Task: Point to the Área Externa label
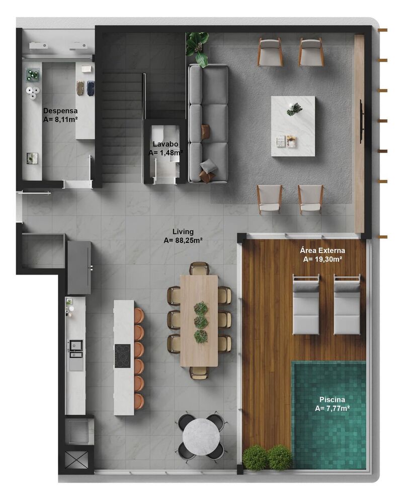[x=322, y=250]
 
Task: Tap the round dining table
[x=201, y=436]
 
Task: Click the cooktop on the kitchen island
[x=122, y=355]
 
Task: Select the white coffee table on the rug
[x=293, y=126]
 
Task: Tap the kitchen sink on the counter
[x=76, y=347]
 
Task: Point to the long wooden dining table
[x=199, y=320]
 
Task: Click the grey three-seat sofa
[x=208, y=123]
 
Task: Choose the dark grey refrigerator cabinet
[x=79, y=268]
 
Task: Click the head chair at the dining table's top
[x=199, y=268]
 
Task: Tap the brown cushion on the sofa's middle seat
[x=205, y=132]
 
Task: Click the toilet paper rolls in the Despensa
[x=33, y=92]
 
